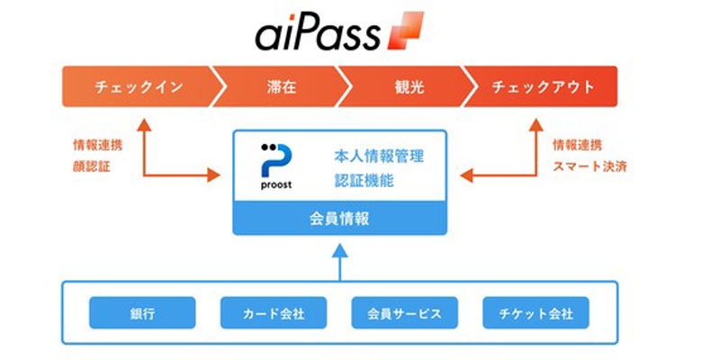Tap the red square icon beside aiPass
click(x=406, y=31)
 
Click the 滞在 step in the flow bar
click(x=281, y=86)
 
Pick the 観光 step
click(x=408, y=86)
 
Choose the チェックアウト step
click(x=542, y=86)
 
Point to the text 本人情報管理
click(x=379, y=157)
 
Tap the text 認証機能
click(x=364, y=180)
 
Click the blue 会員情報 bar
click(x=340, y=218)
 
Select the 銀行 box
click(x=142, y=313)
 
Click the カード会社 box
click(x=274, y=313)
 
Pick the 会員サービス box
click(x=404, y=313)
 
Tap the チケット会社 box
click(x=535, y=313)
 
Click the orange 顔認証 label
click(x=92, y=166)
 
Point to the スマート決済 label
click(x=589, y=166)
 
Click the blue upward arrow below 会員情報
click(x=340, y=262)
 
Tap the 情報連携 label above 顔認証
click(x=98, y=146)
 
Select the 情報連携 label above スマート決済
click(x=577, y=146)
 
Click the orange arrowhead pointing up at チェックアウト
click(x=535, y=125)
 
